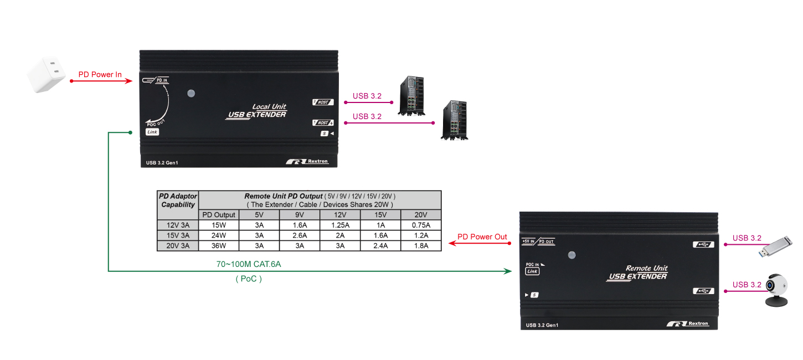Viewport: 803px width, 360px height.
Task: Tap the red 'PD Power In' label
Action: tap(100, 74)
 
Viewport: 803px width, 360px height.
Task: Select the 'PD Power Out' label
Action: tap(482, 237)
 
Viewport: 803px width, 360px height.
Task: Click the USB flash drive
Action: tap(775, 246)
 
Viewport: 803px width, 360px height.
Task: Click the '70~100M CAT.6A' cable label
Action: tap(249, 264)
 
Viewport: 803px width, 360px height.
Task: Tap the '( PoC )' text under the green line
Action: tap(249, 279)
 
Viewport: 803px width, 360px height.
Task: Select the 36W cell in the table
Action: tap(219, 246)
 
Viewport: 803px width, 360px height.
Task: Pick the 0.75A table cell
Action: tap(421, 225)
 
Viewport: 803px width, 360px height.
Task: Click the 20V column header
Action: tap(421, 215)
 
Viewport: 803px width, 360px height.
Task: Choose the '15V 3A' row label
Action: tap(178, 235)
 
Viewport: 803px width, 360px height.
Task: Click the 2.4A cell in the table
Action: tap(380, 246)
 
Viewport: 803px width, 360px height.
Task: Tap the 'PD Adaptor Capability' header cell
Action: tap(178, 200)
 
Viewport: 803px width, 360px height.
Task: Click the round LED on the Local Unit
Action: tap(191, 93)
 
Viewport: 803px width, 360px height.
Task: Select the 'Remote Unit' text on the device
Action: tap(646, 268)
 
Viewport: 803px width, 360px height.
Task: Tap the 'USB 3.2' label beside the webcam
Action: tap(747, 285)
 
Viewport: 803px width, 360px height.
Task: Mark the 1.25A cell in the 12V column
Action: tap(340, 225)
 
